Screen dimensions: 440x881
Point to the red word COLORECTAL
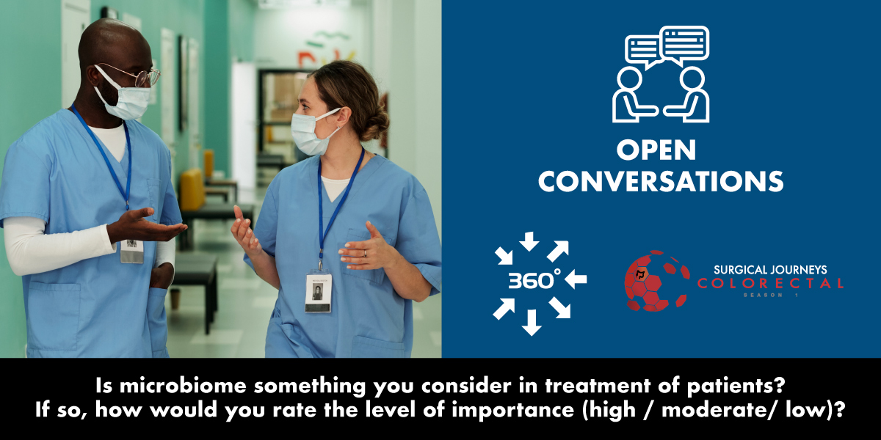pyautogui.click(x=770, y=283)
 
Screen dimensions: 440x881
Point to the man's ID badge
pyautogui.click(x=132, y=250)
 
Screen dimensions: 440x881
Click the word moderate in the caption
pyautogui.click(x=701, y=408)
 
